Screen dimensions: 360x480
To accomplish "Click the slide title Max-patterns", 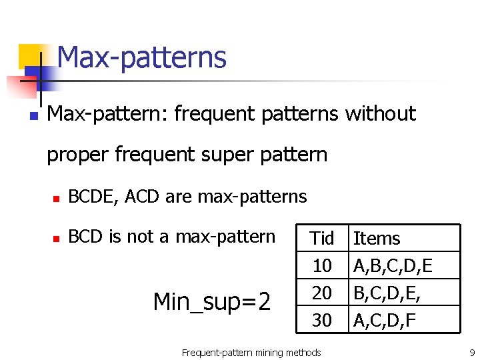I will tap(141, 57).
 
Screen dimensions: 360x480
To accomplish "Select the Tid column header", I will tap(322, 238).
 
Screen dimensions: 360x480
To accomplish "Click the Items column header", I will tap(377, 238).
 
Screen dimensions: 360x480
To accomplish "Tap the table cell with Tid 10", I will tap(322, 266).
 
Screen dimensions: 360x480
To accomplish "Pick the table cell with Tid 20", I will tap(322, 293).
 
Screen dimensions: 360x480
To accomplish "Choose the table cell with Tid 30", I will tap(322, 320).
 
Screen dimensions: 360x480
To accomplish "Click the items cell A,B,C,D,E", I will tap(393, 266).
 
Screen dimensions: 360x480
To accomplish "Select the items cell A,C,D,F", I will tap(385, 320).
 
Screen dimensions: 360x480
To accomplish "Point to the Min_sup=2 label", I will tap(212, 302).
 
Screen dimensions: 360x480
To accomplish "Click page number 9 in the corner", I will tap(471, 352).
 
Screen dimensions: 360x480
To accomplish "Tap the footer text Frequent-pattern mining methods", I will tap(251, 352).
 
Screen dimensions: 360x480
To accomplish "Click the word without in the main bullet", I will tap(380, 114).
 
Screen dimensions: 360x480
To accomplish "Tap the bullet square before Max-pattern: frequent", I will tap(33, 115).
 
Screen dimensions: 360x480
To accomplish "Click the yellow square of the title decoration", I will tap(29, 55).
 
